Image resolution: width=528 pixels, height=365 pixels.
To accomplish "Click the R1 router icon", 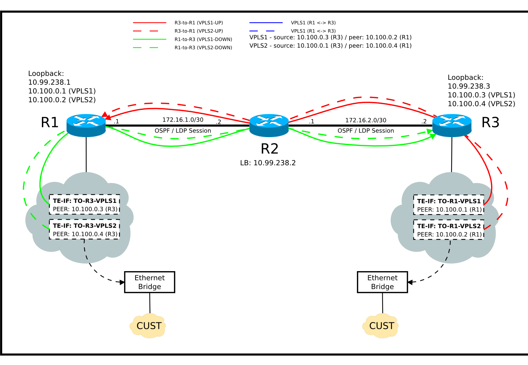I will pyautogui.click(x=86, y=125).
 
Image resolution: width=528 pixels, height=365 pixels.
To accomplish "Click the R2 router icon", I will pyautogui.click(x=269, y=125).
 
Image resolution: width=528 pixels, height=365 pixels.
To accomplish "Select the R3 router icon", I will pyautogui.click(x=452, y=125).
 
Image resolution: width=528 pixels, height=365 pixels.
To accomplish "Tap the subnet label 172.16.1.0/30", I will pyautogui.click(x=183, y=120).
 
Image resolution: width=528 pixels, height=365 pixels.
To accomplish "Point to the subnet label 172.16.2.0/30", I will pyautogui.click(x=366, y=120).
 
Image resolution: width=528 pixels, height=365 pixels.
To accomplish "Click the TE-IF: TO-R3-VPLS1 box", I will pyautogui.click(x=84, y=205).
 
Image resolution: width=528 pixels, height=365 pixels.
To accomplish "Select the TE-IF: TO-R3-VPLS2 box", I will pyautogui.click(x=84, y=230).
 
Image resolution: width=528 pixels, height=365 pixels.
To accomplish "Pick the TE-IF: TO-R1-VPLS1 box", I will pyautogui.click(x=448, y=205).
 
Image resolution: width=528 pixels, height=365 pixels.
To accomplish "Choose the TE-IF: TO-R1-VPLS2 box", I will pyautogui.click(x=448, y=230).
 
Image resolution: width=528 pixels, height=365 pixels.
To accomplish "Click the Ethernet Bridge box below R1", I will pyautogui.click(x=150, y=282).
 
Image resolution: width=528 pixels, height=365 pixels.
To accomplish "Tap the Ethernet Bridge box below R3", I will pyautogui.click(x=382, y=282).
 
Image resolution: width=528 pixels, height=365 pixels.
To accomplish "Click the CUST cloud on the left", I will pyautogui.click(x=149, y=326).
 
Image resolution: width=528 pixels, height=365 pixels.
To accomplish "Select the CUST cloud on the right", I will pyautogui.click(x=381, y=326).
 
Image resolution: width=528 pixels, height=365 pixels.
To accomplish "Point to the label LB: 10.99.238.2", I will pyautogui.click(x=268, y=163).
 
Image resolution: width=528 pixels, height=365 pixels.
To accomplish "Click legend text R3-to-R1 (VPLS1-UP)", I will pyautogui.click(x=199, y=23).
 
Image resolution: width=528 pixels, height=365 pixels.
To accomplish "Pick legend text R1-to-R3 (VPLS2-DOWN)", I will pyautogui.click(x=203, y=48).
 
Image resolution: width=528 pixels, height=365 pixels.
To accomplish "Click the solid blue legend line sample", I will pyautogui.click(x=266, y=23).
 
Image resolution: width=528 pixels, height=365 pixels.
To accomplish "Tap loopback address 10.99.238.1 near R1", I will pyautogui.click(x=49, y=82).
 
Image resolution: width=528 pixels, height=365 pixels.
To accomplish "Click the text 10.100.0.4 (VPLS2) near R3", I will pyautogui.click(x=481, y=104).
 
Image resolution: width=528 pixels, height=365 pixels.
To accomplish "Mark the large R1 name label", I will pyautogui.click(x=50, y=122).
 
